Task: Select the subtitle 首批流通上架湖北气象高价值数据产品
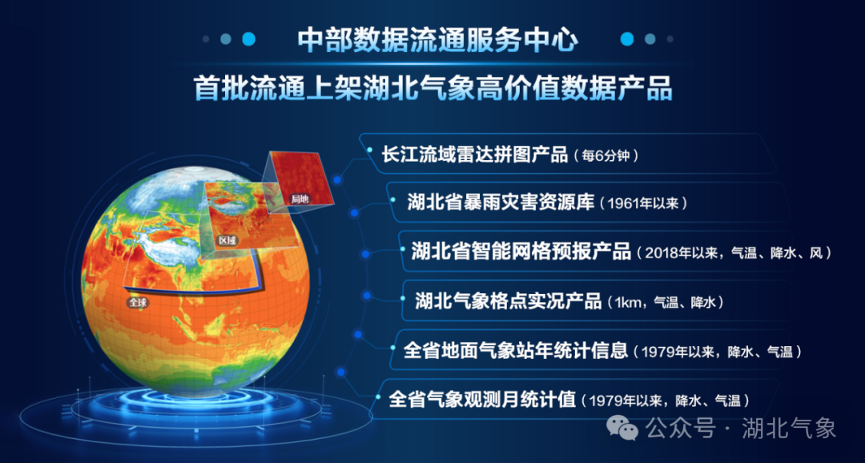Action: tap(433, 88)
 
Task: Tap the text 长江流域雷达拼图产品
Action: tap(475, 155)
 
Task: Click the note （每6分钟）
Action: tap(606, 156)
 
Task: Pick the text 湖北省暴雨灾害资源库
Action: tap(501, 202)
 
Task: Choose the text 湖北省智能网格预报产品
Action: tap(521, 252)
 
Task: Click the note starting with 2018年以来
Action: tap(733, 253)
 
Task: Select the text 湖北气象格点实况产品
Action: tap(508, 300)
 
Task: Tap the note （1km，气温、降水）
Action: tap(664, 303)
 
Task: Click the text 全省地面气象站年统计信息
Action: tap(516, 350)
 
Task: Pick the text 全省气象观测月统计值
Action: tap(482, 398)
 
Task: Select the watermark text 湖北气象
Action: tap(789, 429)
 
